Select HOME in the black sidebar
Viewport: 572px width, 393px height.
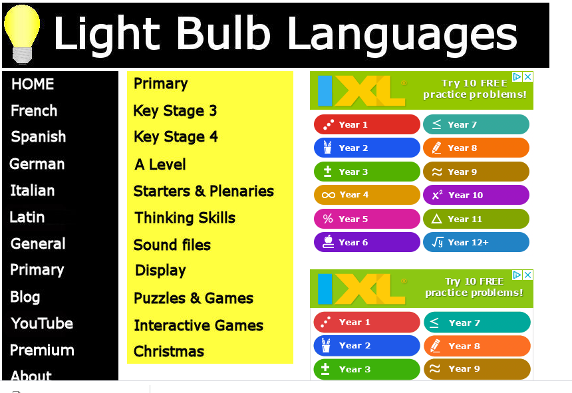tap(33, 84)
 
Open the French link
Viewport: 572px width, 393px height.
tap(34, 111)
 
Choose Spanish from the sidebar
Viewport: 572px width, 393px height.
tap(39, 137)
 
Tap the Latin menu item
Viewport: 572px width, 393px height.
tap(27, 217)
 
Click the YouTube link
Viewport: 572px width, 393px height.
tap(42, 324)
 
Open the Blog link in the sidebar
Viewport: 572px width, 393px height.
tap(25, 297)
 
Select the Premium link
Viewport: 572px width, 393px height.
tap(42, 350)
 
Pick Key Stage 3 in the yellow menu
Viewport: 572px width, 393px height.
tap(175, 111)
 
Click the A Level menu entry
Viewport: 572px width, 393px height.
tap(160, 164)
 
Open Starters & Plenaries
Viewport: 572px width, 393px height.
tap(204, 192)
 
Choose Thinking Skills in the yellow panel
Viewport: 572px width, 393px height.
tap(185, 218)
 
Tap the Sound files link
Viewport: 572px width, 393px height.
tap(172, 245)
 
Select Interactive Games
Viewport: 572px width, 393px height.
tap(198, 325)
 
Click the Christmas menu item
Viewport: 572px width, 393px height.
tap(169, 352)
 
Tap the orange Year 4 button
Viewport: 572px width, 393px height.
tap(366, 195)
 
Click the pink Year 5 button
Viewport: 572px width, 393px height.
tap(366, 219)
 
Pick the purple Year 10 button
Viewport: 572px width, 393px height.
tap(476, 195)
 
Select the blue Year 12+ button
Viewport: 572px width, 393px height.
tap(476, 242)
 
